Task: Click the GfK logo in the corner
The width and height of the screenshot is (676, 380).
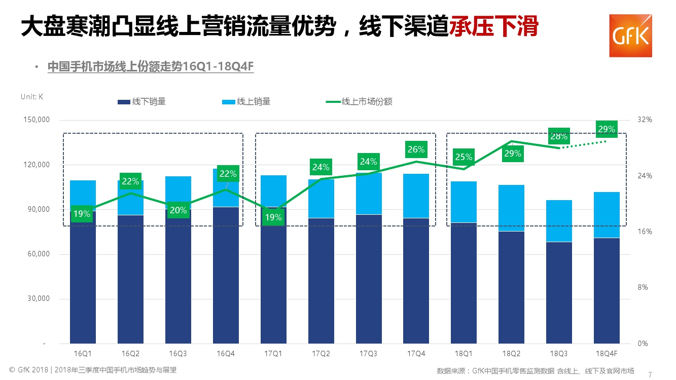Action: click(x=630, y=35)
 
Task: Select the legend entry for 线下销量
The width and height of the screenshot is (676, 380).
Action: click(x=142, y=102)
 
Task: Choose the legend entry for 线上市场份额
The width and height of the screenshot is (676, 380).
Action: click(x=359, y=102)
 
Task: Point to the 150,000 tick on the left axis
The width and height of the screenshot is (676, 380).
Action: click(x=37, y=120)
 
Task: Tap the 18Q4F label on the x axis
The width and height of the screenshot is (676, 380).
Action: click(x=607, y=353)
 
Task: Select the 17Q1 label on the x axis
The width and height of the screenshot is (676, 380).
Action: click(x=273, y=353)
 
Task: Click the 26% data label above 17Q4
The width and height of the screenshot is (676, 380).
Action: click(x=416, y=149)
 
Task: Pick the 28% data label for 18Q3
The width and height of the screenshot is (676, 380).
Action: click(x=559, y=136)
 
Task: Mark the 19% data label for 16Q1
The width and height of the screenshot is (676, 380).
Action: click(x=82, y=214)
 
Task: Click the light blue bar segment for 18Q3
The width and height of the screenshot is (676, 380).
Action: click(x=559, y=221)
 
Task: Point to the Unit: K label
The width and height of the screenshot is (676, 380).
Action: click(x=32, y=97)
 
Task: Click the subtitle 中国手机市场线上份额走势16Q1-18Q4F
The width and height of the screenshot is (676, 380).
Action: click(x=151, y=67)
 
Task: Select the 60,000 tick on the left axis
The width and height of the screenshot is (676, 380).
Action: click(x=37, y=254)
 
